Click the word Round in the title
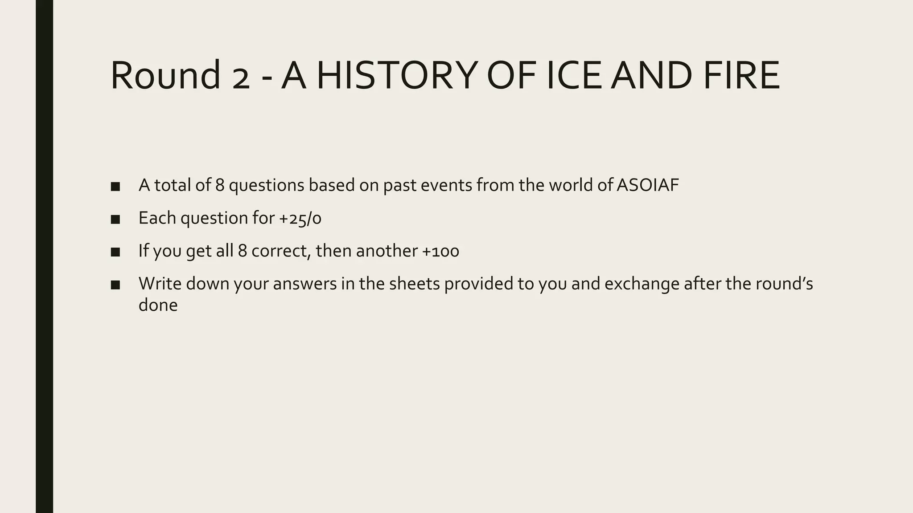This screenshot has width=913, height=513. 165,75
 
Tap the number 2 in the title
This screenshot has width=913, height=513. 241,80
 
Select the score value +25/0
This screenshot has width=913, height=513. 300,218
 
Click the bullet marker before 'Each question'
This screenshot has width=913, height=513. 115,219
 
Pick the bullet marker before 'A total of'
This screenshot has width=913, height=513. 115,186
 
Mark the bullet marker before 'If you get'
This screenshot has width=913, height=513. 115,252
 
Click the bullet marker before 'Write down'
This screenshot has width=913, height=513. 115,285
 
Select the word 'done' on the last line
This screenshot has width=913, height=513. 158,305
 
